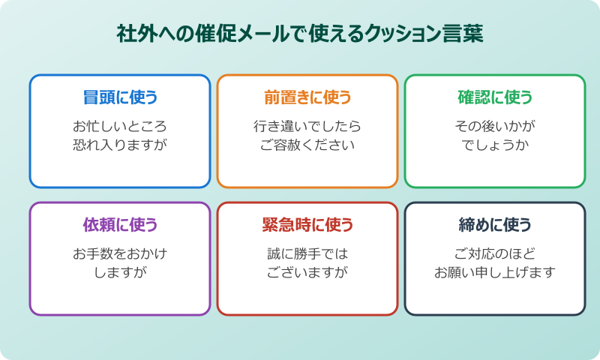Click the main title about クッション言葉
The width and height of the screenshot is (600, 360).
(300, 34)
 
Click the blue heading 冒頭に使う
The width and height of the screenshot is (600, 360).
(120, 97)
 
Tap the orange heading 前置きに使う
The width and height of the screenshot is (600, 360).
(307, 97)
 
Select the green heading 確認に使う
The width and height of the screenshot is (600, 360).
(495, 97)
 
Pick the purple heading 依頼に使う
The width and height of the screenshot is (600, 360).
(120, 225)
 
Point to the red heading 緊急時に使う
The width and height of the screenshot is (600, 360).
(307, 225)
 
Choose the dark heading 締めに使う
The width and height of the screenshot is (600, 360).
(495, 225)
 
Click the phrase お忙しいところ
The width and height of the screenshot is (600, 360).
(120, 126)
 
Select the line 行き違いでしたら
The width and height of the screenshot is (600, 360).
(307, 126)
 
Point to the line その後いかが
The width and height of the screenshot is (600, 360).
(495, 126)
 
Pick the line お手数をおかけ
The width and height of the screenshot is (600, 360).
(120, 253)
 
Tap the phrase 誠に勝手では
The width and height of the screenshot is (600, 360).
(307, 253)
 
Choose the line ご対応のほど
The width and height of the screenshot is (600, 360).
(495, 253)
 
